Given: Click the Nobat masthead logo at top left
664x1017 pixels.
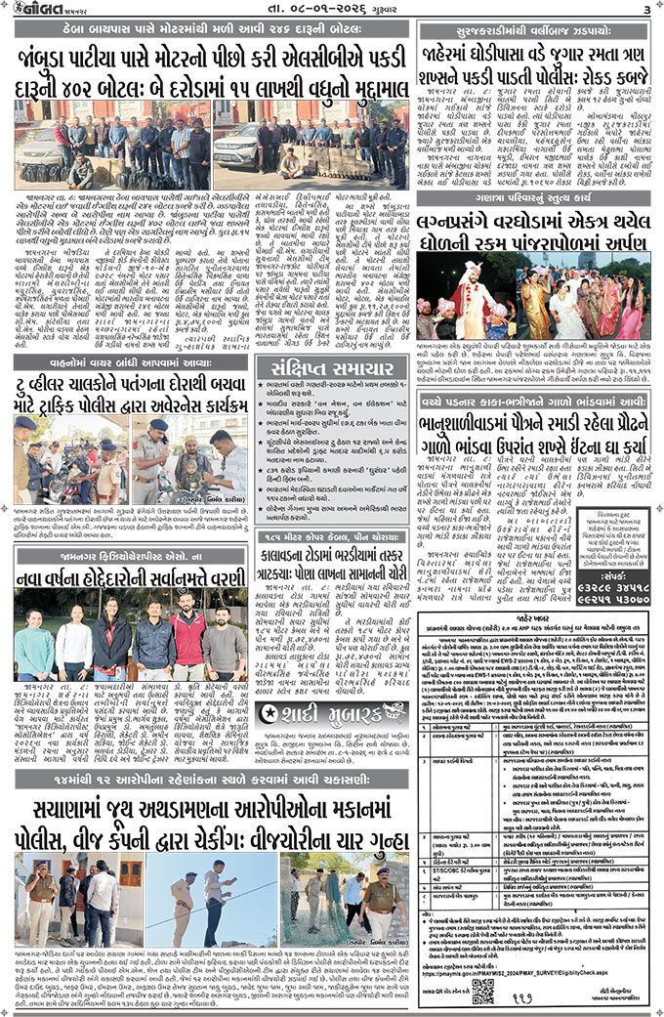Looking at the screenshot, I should coord(40,10).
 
